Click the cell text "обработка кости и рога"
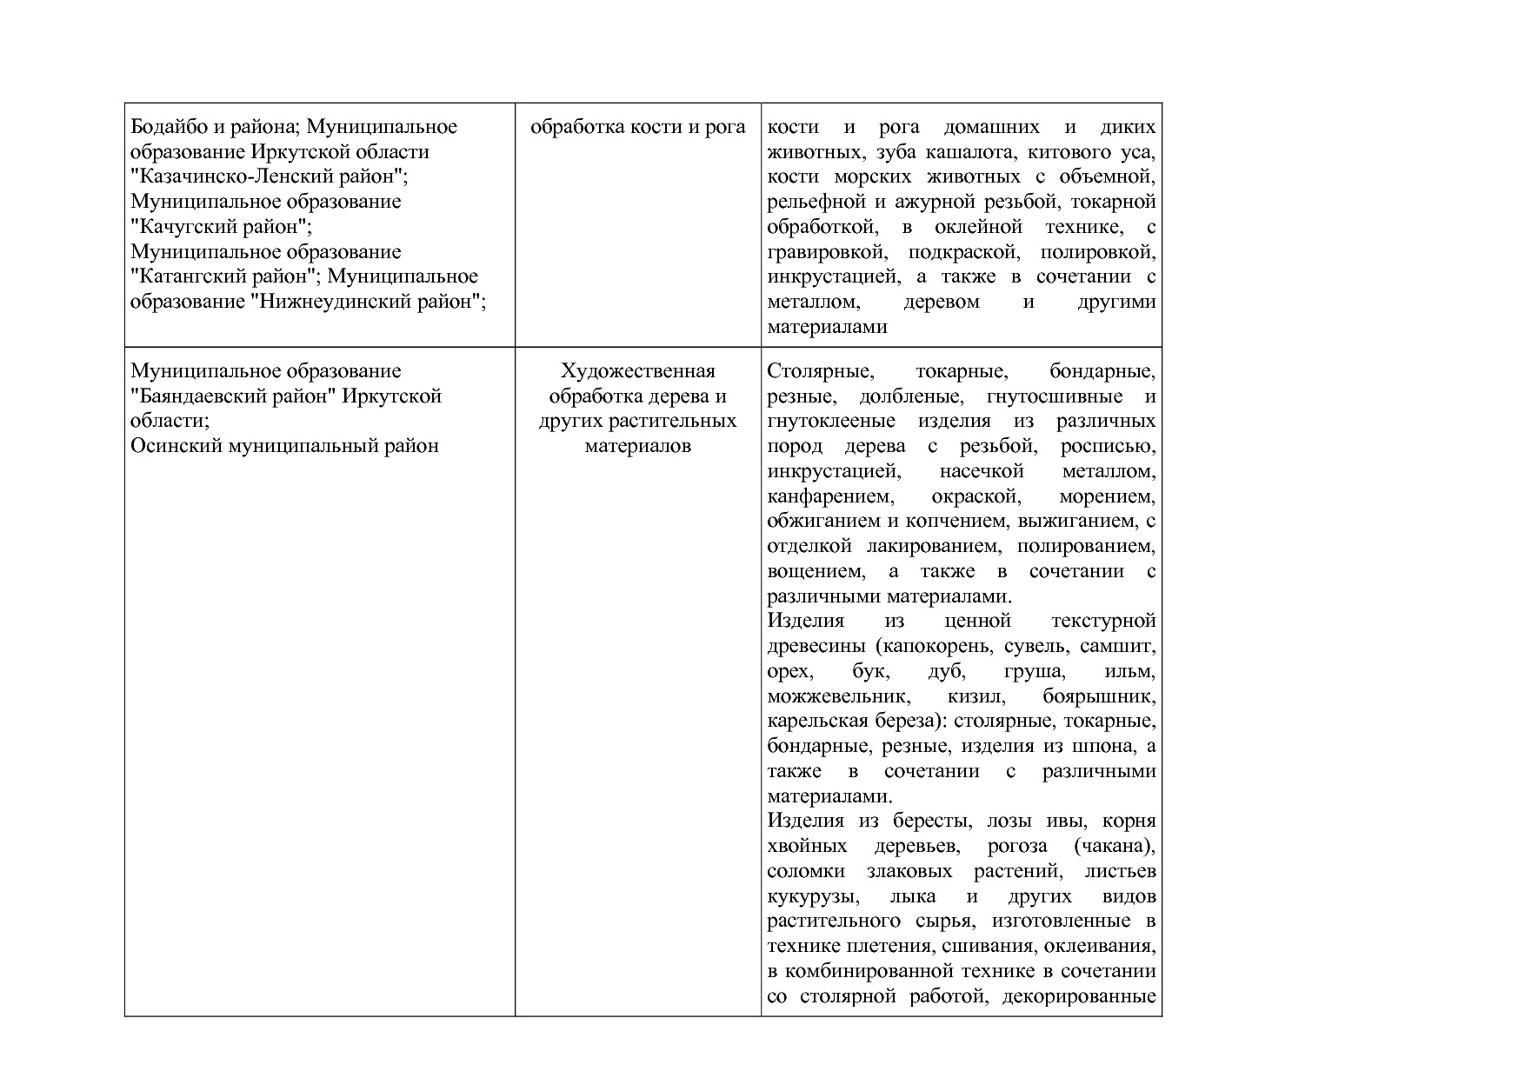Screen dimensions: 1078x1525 [637, 127]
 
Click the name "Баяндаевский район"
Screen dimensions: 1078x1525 [232, 396]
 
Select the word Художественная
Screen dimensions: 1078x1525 [637, 371]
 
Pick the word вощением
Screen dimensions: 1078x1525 [816, 572]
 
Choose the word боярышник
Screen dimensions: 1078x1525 [1099, 697]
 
